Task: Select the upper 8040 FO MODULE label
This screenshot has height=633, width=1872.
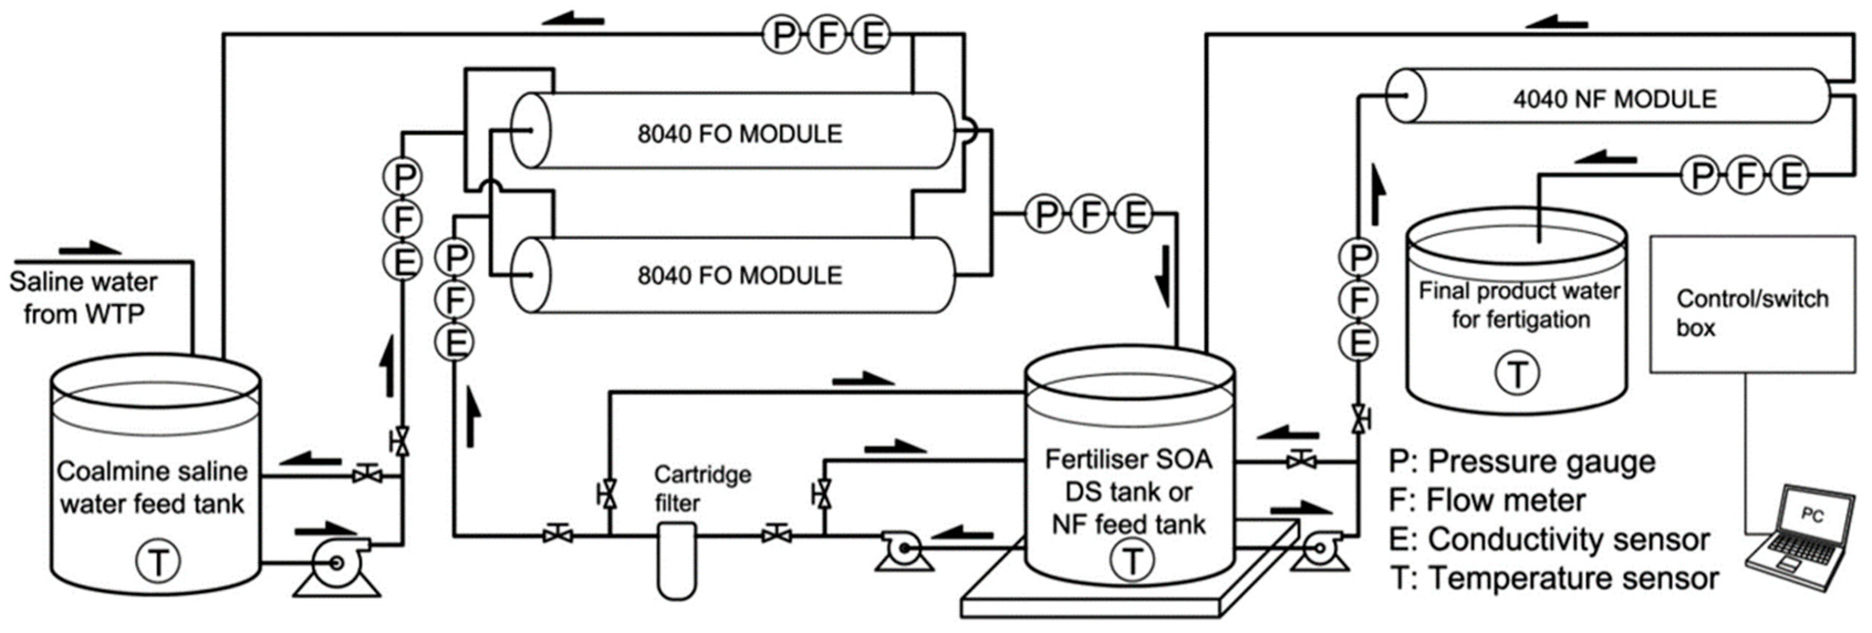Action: tap(740, 134)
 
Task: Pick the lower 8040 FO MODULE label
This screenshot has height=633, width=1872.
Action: tap(740, 276)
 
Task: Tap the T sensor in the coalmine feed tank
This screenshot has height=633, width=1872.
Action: tap(158, 561)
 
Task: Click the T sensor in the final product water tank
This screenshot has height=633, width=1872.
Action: tap(1516, 374)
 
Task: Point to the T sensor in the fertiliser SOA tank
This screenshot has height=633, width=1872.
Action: tap(1131, 561)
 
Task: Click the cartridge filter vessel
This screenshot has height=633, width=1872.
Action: tap(676, 559)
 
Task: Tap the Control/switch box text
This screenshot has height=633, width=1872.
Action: tap(1751, 313)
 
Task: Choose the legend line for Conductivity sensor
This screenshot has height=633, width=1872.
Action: tap(1550, 540)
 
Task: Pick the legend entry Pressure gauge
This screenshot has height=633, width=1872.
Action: tap(1522, 462)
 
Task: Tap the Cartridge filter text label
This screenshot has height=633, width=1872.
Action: tap(701, 489)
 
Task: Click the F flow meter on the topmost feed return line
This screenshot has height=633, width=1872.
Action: tap(826, 35)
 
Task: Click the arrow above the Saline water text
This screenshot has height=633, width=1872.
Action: tap(90, 250)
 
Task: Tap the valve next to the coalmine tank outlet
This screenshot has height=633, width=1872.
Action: tap(367, 476)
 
